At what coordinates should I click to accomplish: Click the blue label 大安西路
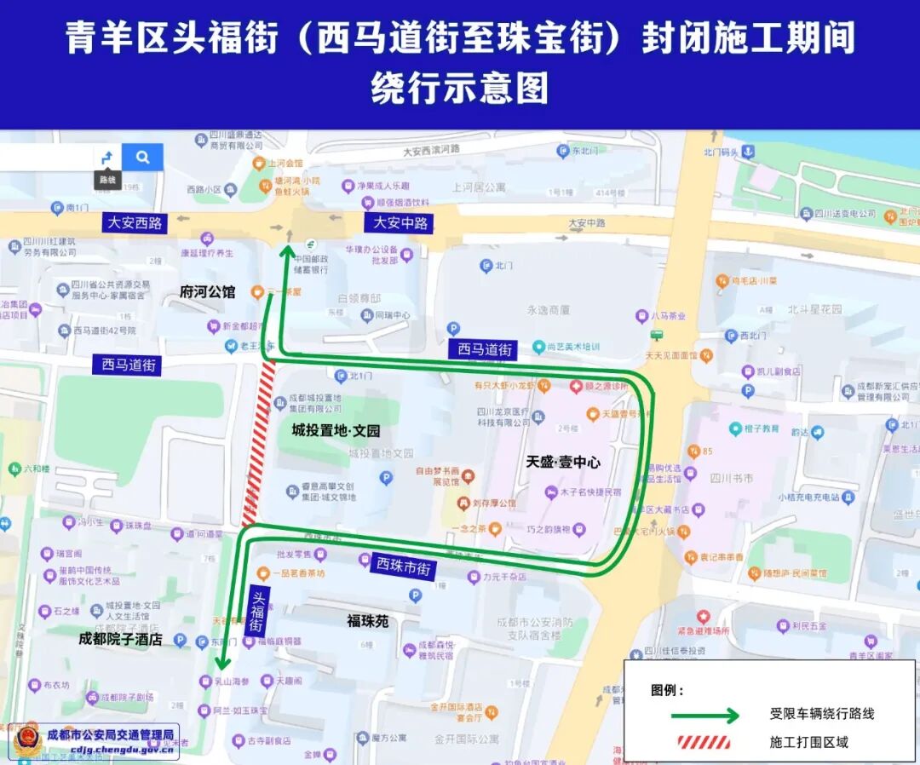click(135, 222)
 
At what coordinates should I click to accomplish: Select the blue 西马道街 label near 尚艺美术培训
click(485, 348)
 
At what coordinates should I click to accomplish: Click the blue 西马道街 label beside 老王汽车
click(129, 365)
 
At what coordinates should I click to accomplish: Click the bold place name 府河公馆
click(207, 291)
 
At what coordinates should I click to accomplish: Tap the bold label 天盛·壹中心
click(563, 462)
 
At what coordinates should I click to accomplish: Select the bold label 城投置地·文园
click(336, 430)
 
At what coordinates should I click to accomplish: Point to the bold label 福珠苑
click(367, 621)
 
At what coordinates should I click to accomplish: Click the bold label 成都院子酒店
click(120, 638)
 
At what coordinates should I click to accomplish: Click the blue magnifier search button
click(142, 157)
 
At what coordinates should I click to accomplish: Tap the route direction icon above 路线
click(106, 158)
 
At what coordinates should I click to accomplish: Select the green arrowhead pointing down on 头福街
click(221, 664)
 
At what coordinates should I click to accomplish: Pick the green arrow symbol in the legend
click(704, 715)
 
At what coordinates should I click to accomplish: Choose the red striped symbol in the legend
click(704, 742)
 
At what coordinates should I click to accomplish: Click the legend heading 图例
click(667, 689)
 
